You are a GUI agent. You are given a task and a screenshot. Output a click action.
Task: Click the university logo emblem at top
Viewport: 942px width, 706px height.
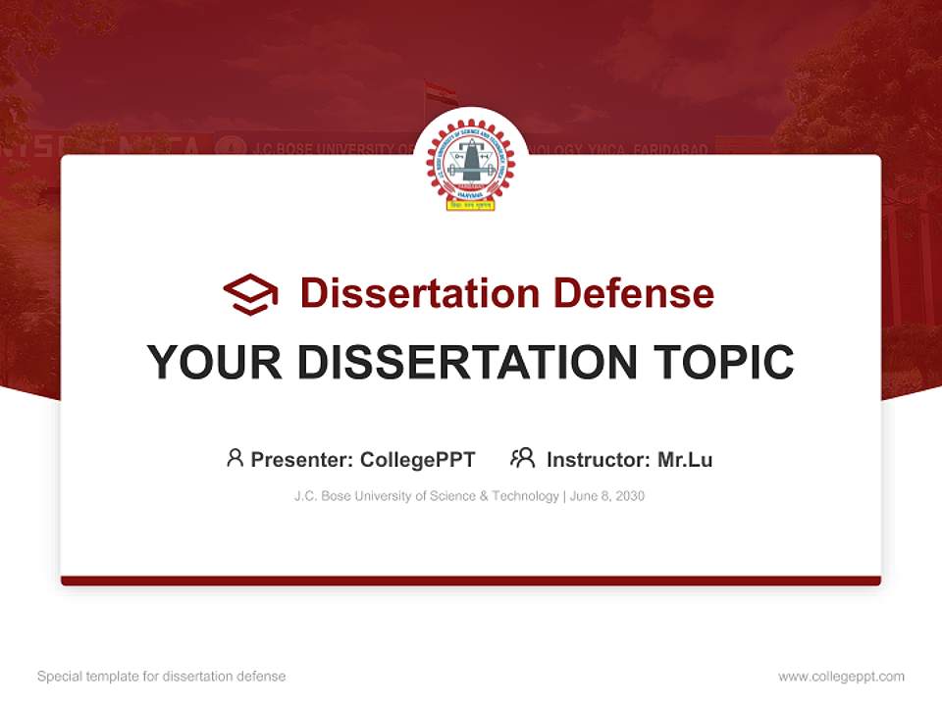[470, 164]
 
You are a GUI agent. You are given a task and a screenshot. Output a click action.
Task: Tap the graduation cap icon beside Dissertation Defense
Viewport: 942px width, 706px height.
[250, 294]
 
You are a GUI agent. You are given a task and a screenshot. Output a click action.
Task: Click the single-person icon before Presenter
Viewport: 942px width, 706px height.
[235, 458]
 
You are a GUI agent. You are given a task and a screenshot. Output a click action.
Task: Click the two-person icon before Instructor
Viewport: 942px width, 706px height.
[522, 458]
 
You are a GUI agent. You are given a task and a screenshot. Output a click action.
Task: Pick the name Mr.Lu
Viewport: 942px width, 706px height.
[685, 459]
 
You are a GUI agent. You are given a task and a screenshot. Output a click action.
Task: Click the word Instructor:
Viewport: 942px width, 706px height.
[598, 459]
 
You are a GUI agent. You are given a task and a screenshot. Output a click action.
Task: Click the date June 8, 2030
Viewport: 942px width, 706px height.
[606, 496]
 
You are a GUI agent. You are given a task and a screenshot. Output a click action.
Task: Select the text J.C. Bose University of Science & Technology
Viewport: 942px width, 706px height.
[426, 496]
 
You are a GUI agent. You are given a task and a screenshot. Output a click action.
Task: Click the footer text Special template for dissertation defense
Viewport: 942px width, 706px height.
[161, 677]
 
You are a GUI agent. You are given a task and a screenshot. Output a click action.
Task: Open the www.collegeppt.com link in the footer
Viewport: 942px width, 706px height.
[841, 677]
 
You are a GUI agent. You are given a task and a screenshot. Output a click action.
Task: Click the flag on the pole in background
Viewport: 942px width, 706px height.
[442, 93]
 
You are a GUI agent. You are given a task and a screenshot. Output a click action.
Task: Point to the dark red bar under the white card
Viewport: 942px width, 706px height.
[470, 580]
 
